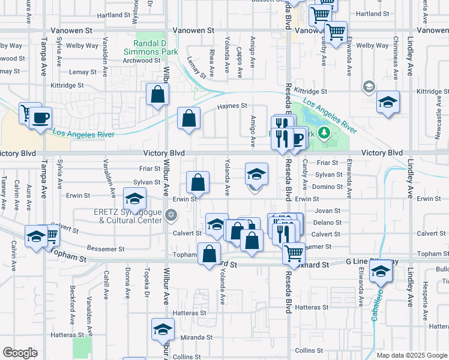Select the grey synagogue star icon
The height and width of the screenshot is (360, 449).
pos(171,214)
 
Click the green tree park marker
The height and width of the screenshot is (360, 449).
pos(324,133)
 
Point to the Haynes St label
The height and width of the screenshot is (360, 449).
pos(231,106)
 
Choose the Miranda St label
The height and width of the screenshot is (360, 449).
pos(193,338)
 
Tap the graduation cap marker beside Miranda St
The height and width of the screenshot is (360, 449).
pos(161,331)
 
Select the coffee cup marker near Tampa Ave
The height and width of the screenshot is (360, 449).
pos(41,117)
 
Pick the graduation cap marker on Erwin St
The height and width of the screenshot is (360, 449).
pos(134,197)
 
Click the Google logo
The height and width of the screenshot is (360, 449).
pos(20,353)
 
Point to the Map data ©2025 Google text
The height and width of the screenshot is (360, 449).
pos(411,355)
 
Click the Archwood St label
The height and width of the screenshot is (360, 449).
pos(141,61)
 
